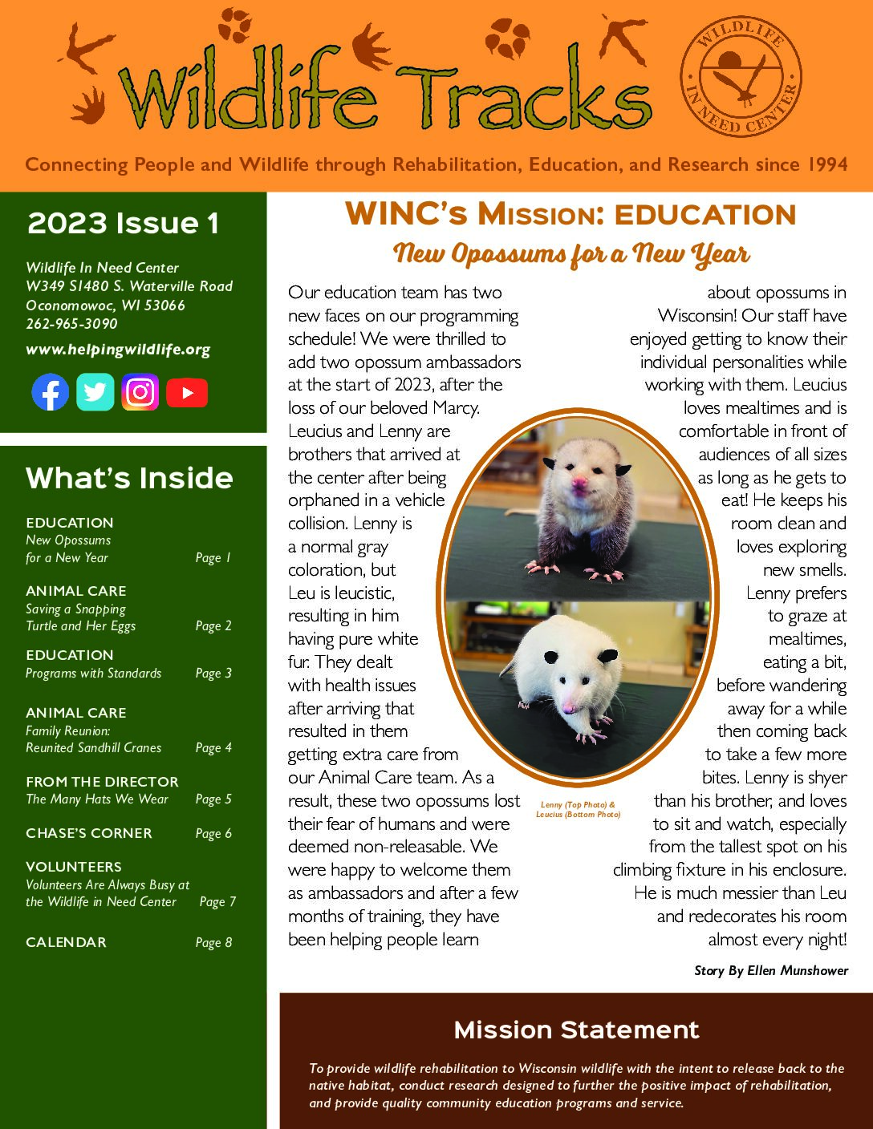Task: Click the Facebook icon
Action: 51,392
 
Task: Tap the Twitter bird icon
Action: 95,392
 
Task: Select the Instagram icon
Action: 140,392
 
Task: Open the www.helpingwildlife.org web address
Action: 118,350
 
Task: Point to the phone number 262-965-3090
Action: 71,324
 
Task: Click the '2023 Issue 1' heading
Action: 123,224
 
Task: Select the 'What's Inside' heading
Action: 129,478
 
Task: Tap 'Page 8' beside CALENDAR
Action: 213,942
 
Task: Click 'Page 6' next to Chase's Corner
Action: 213,833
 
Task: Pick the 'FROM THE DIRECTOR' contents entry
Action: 102,781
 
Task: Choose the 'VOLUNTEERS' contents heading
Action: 74,867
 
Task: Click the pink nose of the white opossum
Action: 568,706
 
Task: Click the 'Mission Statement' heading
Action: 576,1030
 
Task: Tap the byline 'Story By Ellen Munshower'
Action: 770,970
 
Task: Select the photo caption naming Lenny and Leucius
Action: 578,808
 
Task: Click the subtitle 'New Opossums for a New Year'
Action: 571,255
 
